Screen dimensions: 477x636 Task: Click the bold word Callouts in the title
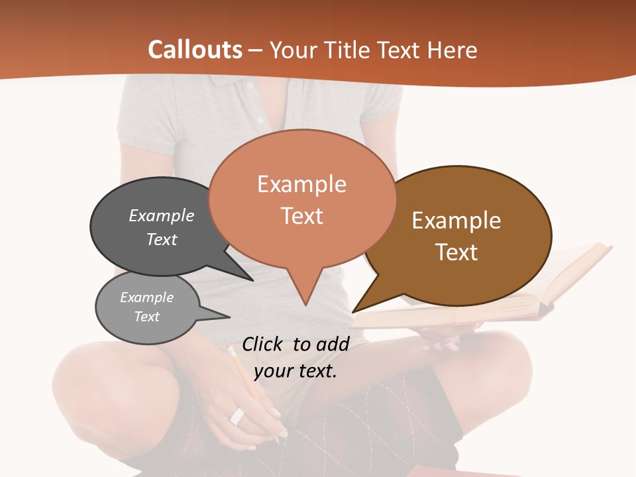(x=195, y=50)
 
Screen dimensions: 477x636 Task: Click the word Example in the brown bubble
(x=456, y=221)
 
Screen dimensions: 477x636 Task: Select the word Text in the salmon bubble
(x=302, y=216)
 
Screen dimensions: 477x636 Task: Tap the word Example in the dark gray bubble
(x=162, y=215)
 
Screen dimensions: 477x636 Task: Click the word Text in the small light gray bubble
(x=147, y=317)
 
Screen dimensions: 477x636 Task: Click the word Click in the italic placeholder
(x=264, y=344)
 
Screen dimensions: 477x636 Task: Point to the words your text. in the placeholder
(x=295, y=371)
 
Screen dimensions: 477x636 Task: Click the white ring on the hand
(x=237, y=416)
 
